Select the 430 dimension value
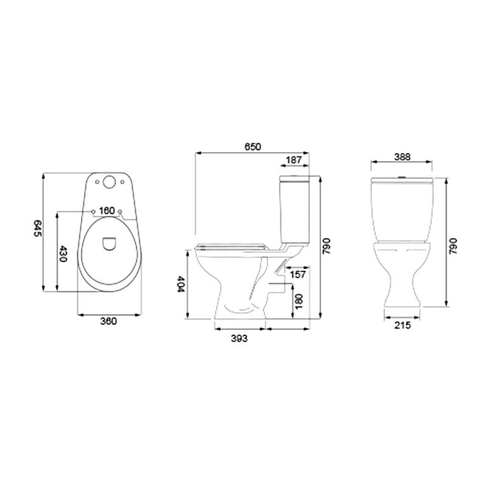click(62, 253)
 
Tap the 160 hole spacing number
click(107, 211)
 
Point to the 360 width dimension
click(108, 321)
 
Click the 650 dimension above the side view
click(253, 147)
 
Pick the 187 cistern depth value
click(295, 159)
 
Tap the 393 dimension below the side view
click(239, 338)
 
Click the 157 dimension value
click(298, 275)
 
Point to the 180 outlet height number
click(298, 300)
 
